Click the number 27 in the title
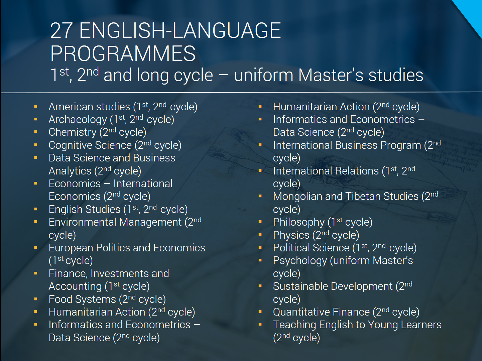point(62,30)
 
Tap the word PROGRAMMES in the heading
point(123,53)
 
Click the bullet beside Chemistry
point(35,132)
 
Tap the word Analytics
point(70,171)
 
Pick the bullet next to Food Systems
point(35,299)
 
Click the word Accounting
point(75,286)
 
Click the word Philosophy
point(298,222)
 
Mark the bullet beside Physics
point(260,235)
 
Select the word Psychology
point(300,261)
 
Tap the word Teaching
point(294,325)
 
